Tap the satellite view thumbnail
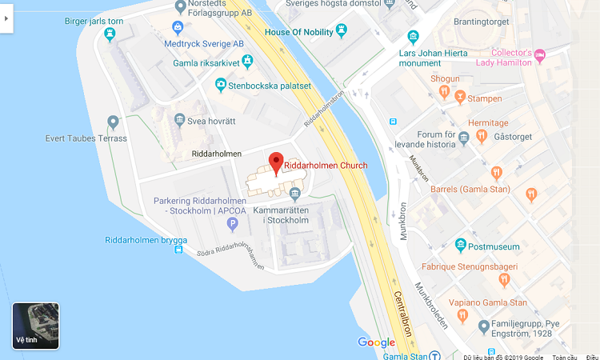[x=35, y=326]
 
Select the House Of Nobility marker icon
[x=342, y=31]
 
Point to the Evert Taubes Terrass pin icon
[x=113, y=122]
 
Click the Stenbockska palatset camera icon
[x=221, y=84]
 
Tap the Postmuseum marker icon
[x=460, y=246]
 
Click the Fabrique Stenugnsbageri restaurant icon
[x=504, y=279]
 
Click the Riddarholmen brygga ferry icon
[x=177, y=250]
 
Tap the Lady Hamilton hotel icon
[x=540, y=56]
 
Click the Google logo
[x=376, y=342]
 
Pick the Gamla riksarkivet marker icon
[x=247, y=61]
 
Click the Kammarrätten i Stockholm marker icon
[x=294, y=193]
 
